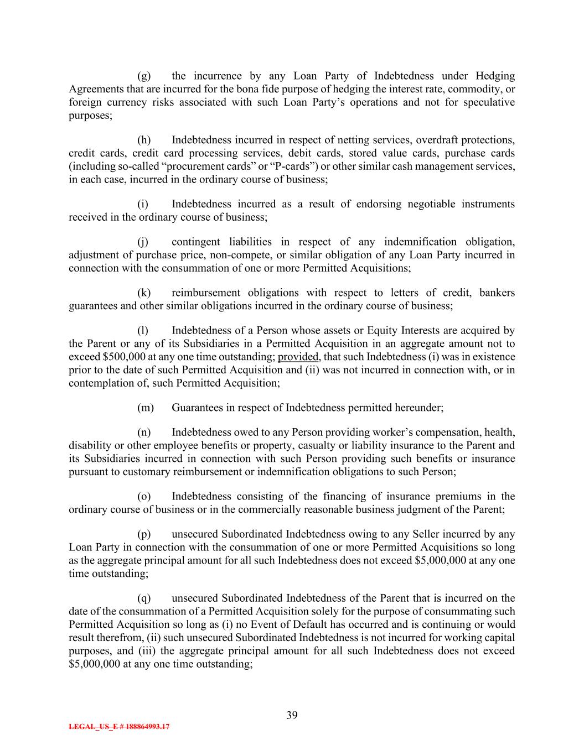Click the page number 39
tap(292, 715)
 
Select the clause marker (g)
tap(143, 76)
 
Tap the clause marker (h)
tap(143, 140)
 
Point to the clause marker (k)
tap(143, 293)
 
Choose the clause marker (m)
tap(145, 408)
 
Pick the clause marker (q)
tap(143, 598)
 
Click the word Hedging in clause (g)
tap(495, 76)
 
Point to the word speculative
tap(489, 102)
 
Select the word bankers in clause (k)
tap(497, 293)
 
